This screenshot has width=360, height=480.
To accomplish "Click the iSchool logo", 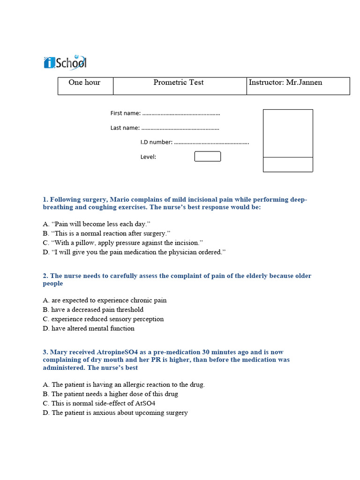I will pos(65,62).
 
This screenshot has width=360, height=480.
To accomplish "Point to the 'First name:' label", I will pos(125,113).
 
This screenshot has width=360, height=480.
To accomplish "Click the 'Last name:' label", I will pos(125,128).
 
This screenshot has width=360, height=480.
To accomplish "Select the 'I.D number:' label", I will pos(157,142).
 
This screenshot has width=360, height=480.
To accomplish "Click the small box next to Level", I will pos(207,157).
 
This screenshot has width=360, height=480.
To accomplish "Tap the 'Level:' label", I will pos(148,157).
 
